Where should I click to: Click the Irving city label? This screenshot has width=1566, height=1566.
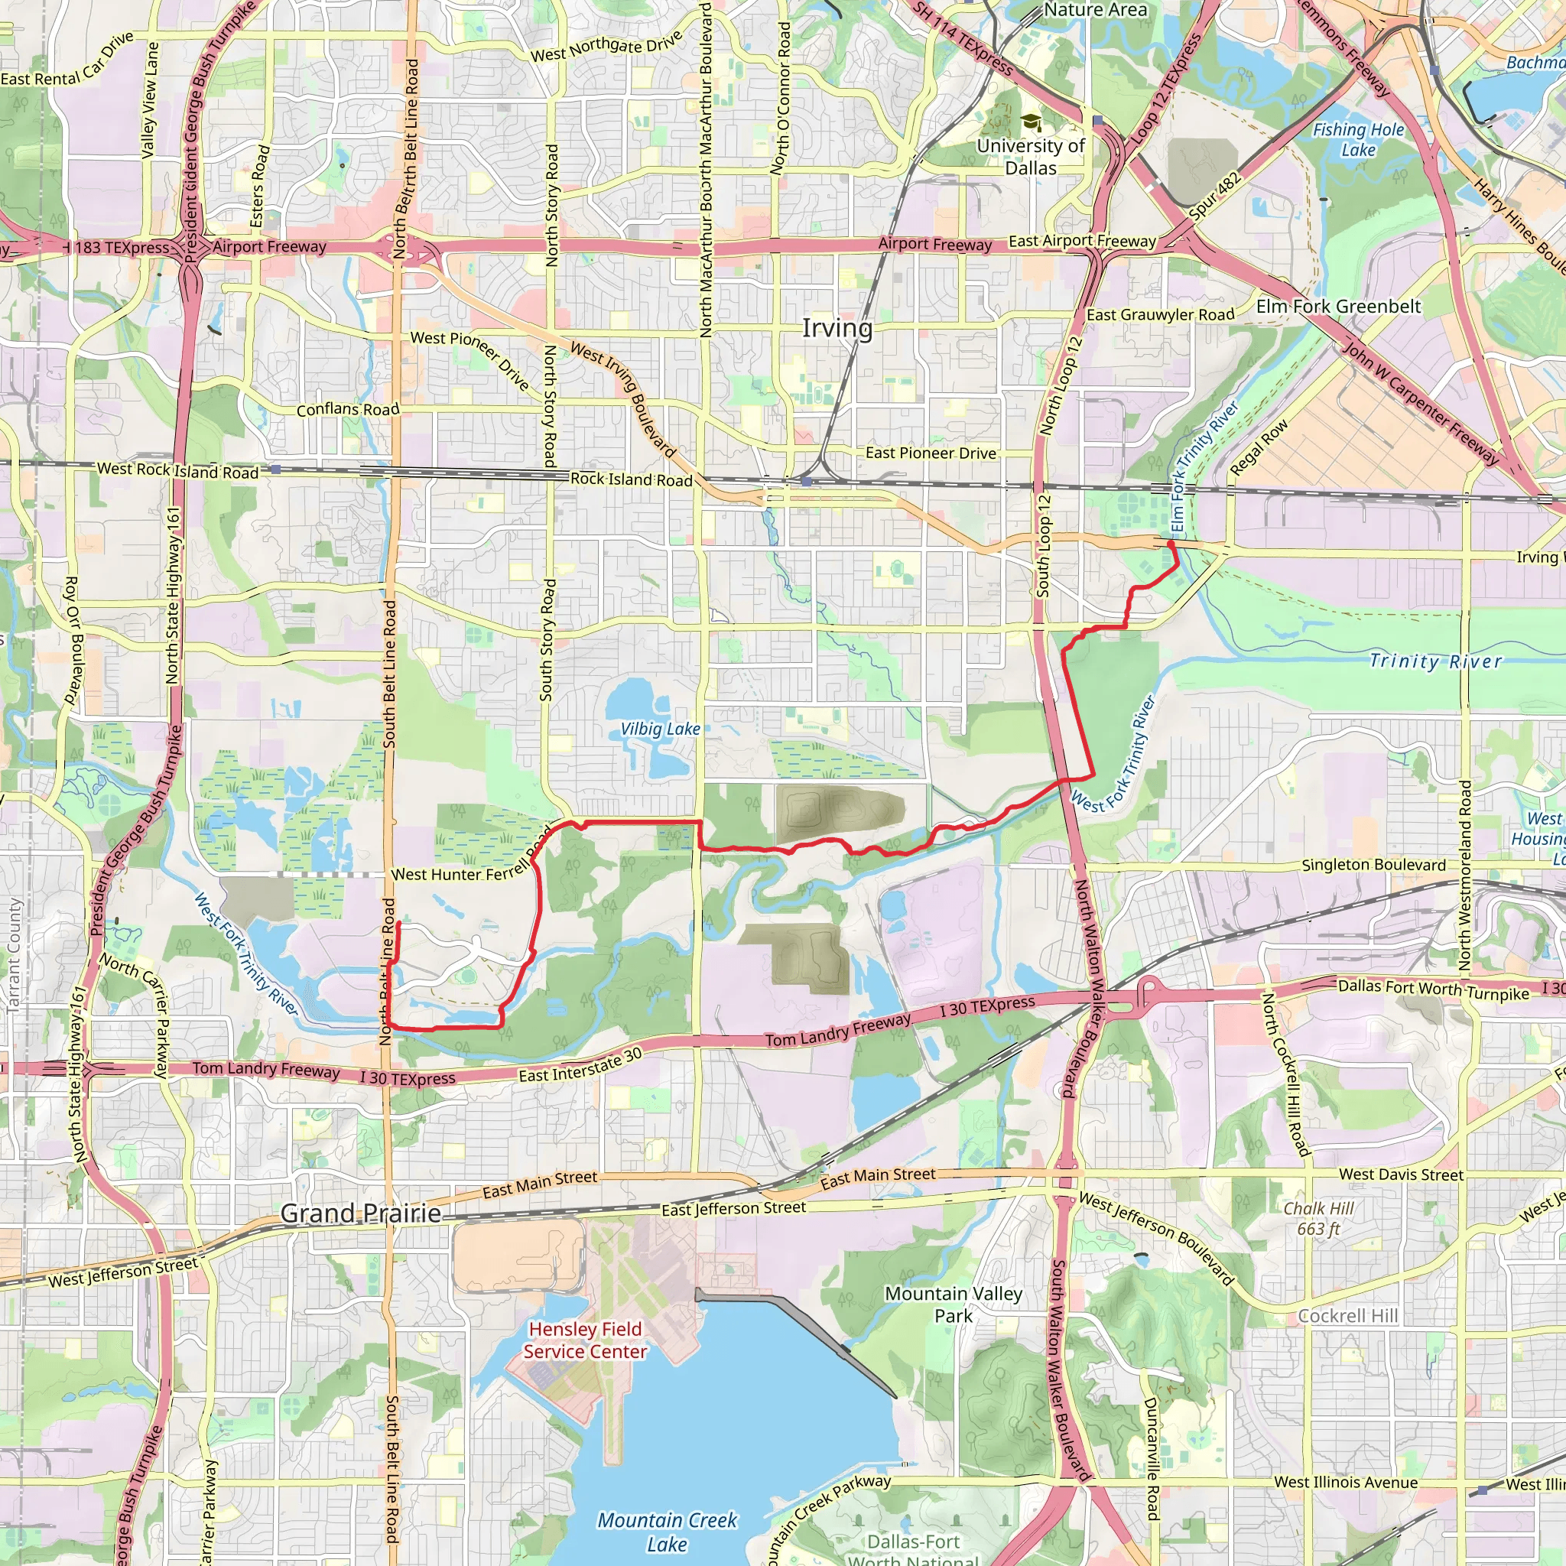pos(837,328)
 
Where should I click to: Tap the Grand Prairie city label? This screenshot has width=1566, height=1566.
pos(361,1213)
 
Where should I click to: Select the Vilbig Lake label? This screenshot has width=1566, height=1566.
pos(660,729)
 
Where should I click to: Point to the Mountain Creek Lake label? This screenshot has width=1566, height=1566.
pos(667,1531)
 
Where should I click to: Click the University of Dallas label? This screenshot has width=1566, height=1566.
pos(1030,157)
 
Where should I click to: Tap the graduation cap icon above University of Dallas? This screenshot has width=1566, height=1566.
pos(1030,122)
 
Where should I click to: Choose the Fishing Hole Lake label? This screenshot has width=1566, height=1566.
pos(1359,139)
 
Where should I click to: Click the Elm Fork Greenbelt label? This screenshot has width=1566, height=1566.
pos(1338,307)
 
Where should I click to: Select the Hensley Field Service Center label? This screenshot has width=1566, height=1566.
pos(585,1340)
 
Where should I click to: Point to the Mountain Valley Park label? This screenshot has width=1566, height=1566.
pos(954,1304)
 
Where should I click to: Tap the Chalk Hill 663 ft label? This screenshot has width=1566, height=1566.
pos(1319,1218)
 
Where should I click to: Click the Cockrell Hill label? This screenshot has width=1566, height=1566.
pos(1348,1315)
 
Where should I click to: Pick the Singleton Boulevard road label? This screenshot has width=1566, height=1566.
pos(1373,865)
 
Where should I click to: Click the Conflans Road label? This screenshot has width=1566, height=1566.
pos(348,409)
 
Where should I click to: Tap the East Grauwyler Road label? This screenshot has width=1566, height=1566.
pos(1160,314)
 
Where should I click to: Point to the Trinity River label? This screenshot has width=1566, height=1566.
pos(1435,661)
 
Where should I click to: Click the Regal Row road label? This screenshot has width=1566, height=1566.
pos(1259,447)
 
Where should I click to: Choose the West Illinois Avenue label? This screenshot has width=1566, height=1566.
pos(1346,1483)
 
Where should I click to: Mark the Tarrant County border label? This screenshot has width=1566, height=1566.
pos(14,954)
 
